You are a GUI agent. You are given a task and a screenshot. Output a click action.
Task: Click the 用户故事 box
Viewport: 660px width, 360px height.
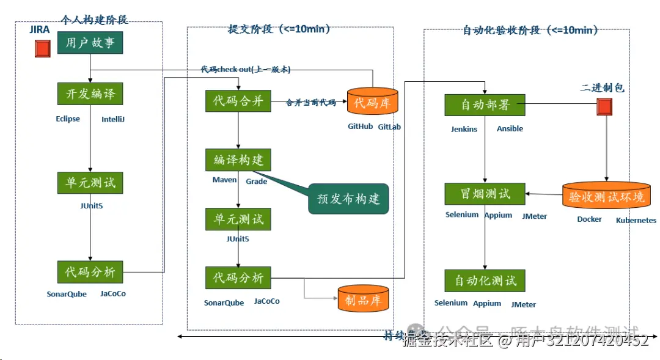(x=90, y=43)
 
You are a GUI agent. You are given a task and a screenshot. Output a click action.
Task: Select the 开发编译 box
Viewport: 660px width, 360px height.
(x=90, y=94)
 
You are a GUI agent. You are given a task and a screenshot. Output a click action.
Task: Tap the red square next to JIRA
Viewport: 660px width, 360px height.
(x=42, y=48)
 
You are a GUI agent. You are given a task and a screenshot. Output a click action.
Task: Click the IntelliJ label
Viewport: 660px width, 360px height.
(x=113, y=119)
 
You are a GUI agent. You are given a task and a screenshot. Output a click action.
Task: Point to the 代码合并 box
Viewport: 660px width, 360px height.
(x=238, y=101)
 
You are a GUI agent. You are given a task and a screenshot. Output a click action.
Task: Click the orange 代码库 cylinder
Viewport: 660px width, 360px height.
(x=372, y=102)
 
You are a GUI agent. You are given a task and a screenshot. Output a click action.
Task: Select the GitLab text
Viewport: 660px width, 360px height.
(x=389, y=127)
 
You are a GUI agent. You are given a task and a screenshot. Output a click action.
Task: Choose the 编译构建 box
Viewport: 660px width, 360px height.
(x=238, y=160)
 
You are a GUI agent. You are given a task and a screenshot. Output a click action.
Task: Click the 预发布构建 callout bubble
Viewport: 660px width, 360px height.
(x=348, y=199)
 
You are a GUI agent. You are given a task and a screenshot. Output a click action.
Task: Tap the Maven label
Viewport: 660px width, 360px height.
(x=224, y=180)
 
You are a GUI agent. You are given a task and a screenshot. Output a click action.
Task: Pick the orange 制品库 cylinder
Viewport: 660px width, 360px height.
(x=363, y=299)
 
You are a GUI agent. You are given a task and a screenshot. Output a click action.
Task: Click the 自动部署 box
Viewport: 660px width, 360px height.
(x=485, y=105)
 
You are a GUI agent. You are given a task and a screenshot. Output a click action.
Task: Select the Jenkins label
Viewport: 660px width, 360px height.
(x=464, y=129)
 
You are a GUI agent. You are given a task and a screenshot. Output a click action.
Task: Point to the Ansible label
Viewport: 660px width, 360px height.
(x=510, y=129)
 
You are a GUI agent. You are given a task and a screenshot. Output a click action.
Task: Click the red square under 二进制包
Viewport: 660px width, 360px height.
(x=604, y=107)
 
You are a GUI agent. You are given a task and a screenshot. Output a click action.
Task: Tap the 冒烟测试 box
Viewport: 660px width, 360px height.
(x=485, y=194)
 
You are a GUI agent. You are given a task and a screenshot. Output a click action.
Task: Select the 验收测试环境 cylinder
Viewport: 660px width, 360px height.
(x=606, y=196)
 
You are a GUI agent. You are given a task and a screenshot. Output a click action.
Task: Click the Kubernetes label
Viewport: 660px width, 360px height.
(x=636, y=220)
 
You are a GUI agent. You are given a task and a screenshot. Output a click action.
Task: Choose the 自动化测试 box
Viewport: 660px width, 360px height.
(x=485, y=281)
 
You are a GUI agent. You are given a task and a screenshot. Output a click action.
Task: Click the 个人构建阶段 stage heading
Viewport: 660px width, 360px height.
(x=95, y=20)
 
